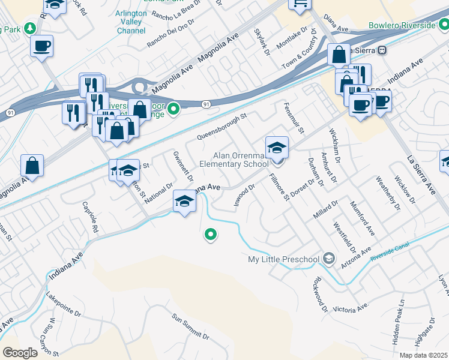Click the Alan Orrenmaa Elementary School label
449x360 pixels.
pos(234,160)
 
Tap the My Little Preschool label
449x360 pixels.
pos(283,259)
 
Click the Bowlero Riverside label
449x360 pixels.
pos(402,26)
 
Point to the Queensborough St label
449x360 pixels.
pos(222,127)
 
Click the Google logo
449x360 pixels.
pos(19,353)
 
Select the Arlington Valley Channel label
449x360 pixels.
pos(130,22)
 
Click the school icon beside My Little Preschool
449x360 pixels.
pos(328,259)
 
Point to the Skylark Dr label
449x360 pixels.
pos(262,41)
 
